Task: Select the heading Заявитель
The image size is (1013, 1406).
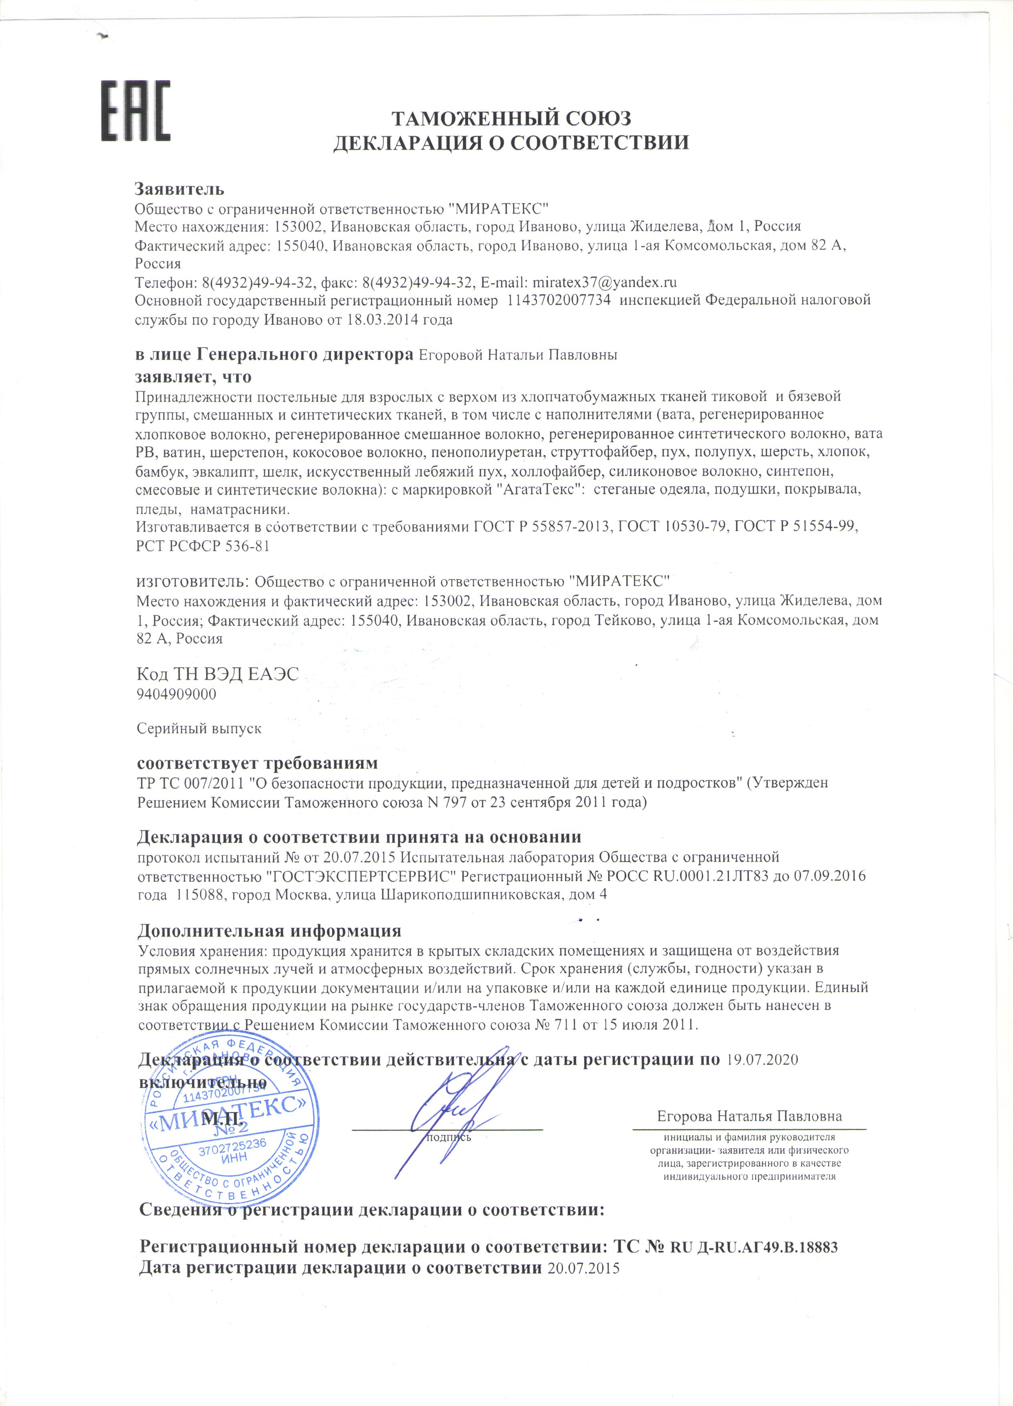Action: click(x=180, y=188)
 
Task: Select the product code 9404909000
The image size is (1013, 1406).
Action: click(x=177, y=694)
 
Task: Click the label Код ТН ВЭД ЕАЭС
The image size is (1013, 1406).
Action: click(x=218, y=674)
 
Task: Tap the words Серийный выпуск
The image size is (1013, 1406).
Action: click(x=199, y=728)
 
